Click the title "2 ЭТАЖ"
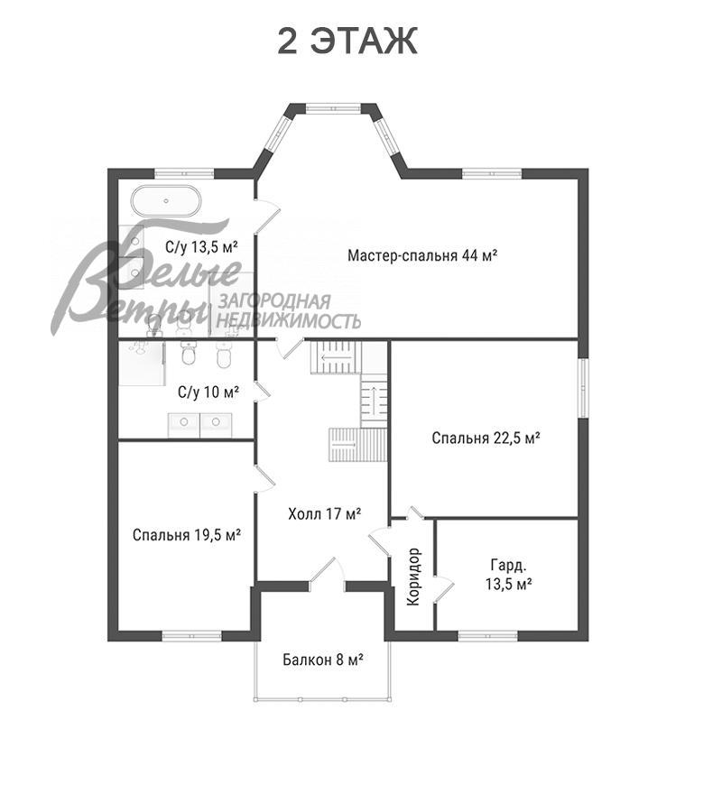347,42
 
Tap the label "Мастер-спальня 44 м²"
422,255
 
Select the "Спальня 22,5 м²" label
486,438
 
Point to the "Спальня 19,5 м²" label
187,534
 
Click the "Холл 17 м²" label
325,513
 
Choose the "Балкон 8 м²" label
322,660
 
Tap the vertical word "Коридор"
413,577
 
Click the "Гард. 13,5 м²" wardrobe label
509,575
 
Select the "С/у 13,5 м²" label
201,246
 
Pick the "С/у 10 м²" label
208,392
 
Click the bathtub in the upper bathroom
165,200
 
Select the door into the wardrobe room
444,589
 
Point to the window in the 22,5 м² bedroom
583,388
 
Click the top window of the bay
332,108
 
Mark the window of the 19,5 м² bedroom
191,636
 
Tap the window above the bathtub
185,173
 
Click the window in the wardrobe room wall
488,636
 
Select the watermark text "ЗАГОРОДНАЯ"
275,301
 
